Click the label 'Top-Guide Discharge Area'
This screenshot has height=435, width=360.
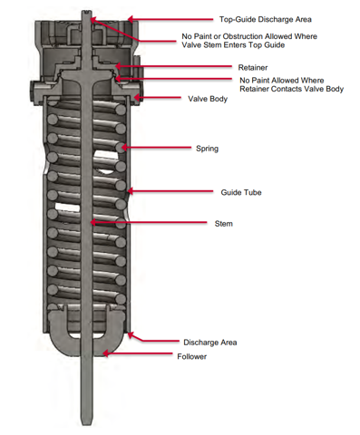(x=265, y=20)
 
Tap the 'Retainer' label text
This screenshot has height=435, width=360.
(x=253, y=67)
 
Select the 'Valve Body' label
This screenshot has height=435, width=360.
(x=208, y=99)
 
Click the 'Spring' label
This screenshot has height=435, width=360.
(x=207, y=149)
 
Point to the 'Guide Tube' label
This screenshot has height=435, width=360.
(x=241, y=192)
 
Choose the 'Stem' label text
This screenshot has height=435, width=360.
(x=223, y=224)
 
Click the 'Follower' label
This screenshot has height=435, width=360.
(x=191, y=356)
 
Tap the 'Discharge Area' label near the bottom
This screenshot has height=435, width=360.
(x=210, y=343)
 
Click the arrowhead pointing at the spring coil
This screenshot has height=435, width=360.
(x=124, y=148)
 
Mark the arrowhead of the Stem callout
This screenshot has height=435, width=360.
(x=93, y=223)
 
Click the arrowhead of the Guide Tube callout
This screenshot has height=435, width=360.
(x=131, y=191)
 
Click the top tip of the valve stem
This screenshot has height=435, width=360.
(x=87, y=11)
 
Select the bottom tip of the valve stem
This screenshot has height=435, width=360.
(x=87, y=424)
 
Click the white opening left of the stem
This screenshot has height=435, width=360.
(x=67, y=208)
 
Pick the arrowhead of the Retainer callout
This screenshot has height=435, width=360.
(x=118, y=66)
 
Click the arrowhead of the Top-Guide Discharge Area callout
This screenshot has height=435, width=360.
(x=131, y=20)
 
